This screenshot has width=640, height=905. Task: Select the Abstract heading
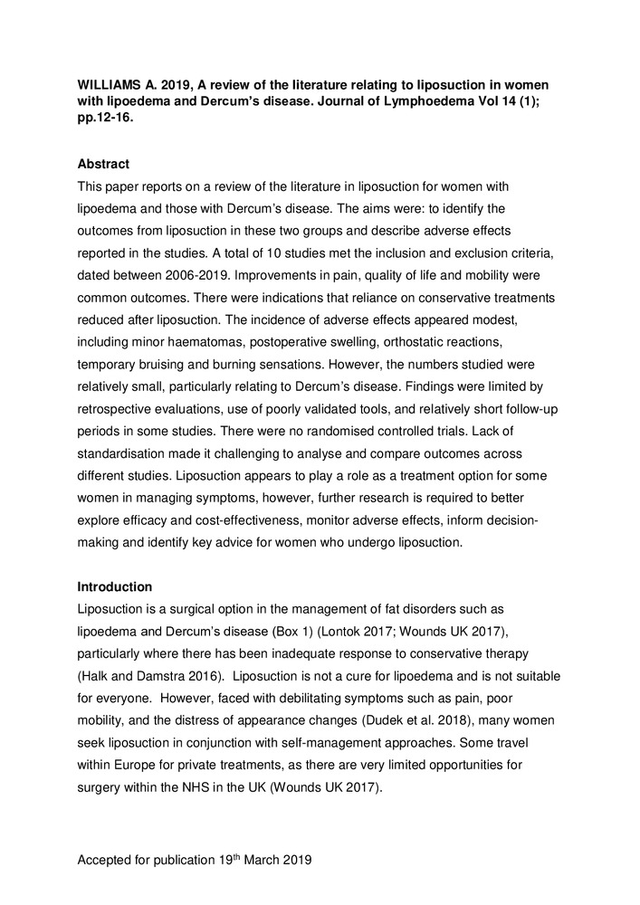pos(103,164)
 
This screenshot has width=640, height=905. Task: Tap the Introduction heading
pos(114,586)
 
